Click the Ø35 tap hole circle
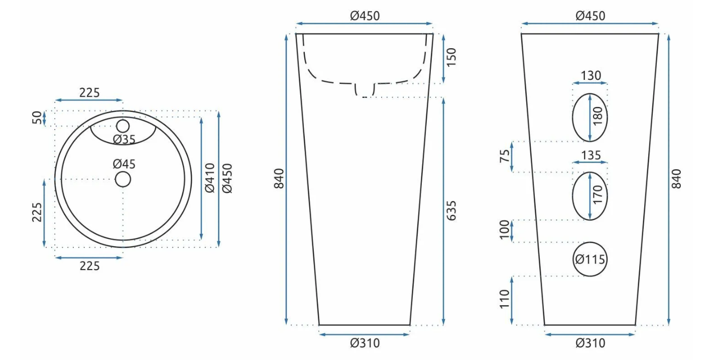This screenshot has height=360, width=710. (123, 120)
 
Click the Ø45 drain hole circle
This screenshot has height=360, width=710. (123, 172)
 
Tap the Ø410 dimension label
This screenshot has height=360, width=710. (210, 178)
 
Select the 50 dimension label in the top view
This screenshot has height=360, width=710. (37, 118)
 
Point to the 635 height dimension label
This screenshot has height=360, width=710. (451, 210)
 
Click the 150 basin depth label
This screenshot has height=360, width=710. (451, 57)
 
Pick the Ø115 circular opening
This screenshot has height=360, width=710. (590, 243)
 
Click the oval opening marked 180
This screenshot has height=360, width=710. (573, 117)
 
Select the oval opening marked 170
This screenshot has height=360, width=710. (573, 196)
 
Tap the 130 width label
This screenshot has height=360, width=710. (591, 76)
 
